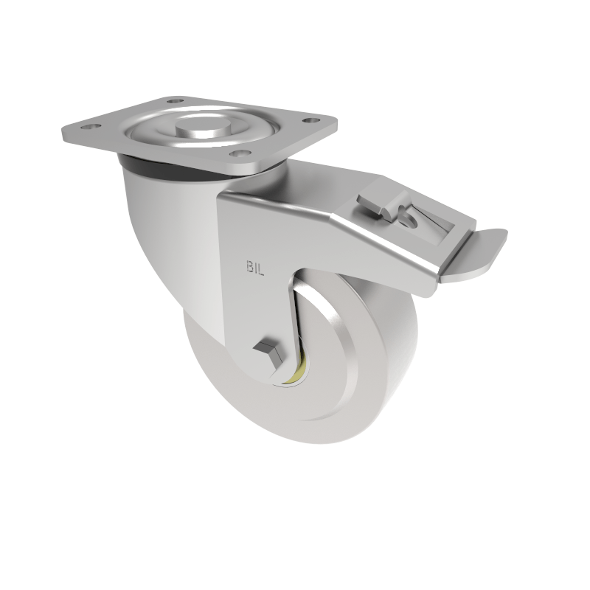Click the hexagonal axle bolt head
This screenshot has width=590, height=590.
(266, 354)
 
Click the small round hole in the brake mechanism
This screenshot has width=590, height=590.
(409, 218)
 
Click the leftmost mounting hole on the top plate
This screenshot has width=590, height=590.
(91, 127)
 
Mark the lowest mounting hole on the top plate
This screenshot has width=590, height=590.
(237, 153)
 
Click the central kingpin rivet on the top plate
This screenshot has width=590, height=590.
(201, 122)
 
